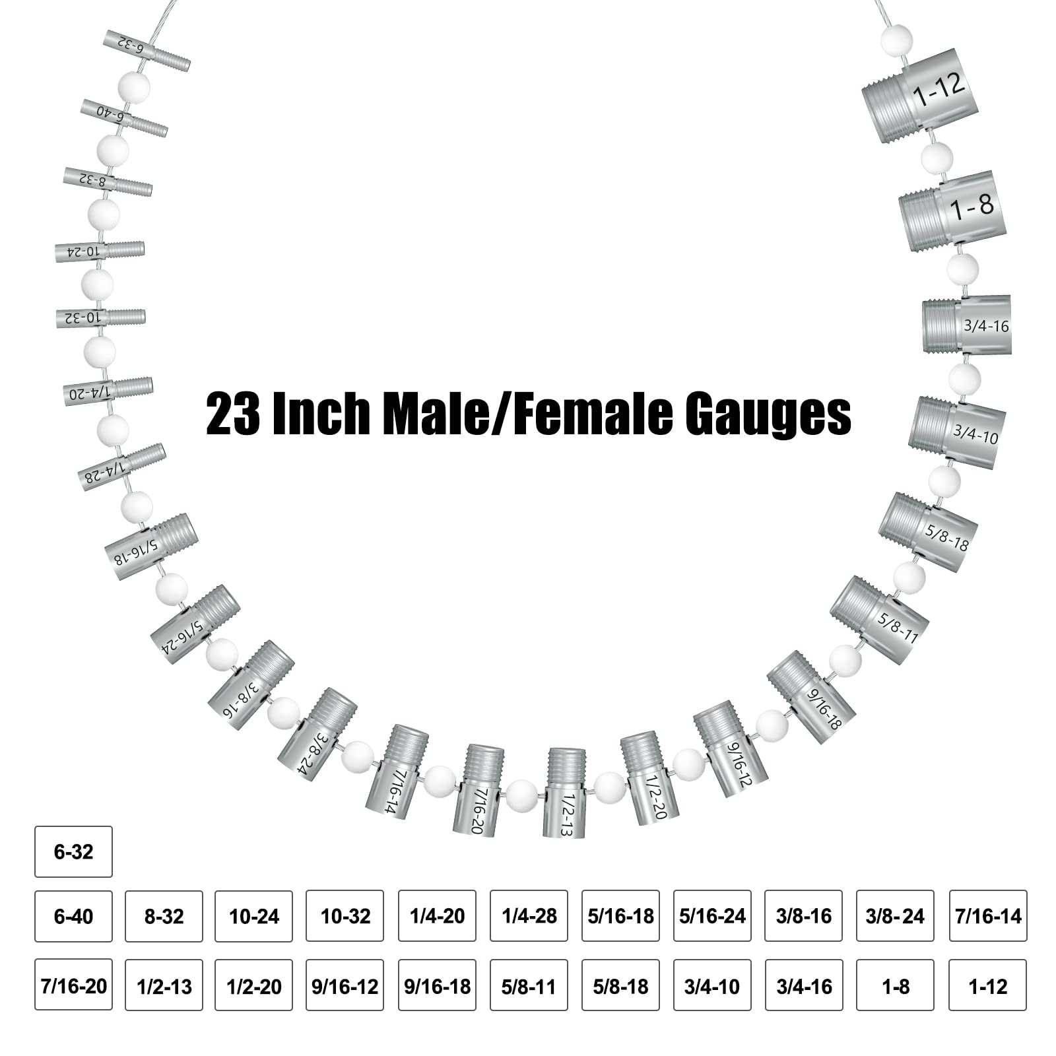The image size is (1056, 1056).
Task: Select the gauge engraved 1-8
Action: (x=954, y=211)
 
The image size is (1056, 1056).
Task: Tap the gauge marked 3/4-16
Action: (x=967, y=324)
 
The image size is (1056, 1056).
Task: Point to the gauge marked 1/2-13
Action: (x=565, y=793)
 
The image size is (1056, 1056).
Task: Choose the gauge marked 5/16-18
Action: (x=151, y=546)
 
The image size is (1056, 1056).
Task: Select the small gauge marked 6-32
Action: (x=147, y=51)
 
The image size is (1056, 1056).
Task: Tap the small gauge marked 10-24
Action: (x=100, y=251)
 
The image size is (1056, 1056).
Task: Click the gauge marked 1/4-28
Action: (x=122, y=467)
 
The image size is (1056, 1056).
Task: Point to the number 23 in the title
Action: (x=232, y=414)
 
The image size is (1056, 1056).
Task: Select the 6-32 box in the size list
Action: (x=73, y=851)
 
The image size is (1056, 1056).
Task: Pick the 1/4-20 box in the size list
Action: (x=437, y=916)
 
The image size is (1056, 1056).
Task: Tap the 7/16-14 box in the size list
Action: (x=987, y=916)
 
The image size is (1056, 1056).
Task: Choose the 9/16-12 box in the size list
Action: (x=345, y=986)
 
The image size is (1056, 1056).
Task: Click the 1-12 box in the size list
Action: (x=987, y=986)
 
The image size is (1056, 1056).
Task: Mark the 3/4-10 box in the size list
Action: (x=711, y=986)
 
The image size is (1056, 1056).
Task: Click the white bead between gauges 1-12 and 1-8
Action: (x=937, y=158)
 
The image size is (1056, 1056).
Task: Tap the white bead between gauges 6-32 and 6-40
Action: (x=134, y=86)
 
